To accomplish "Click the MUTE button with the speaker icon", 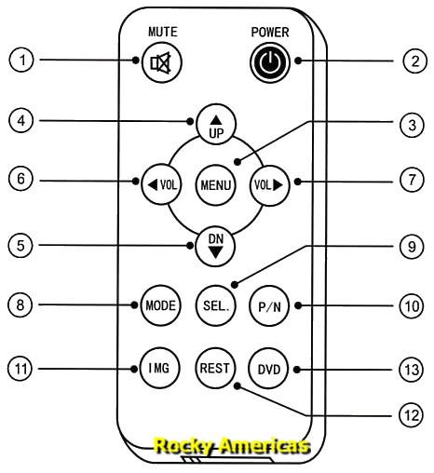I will click(x=161, y=64).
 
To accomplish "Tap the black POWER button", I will click(x=268, y=62).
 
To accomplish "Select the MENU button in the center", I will click(x=214, y=184).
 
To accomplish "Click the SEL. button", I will click(x=214, y=305).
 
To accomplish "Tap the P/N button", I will click(x=268, y=305).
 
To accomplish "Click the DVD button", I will click(x=268, y=368).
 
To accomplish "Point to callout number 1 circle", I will click(x=22, y=61).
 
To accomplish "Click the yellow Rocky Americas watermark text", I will click(x=231, y=447).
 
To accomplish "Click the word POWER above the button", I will click(x=269, y=32).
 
